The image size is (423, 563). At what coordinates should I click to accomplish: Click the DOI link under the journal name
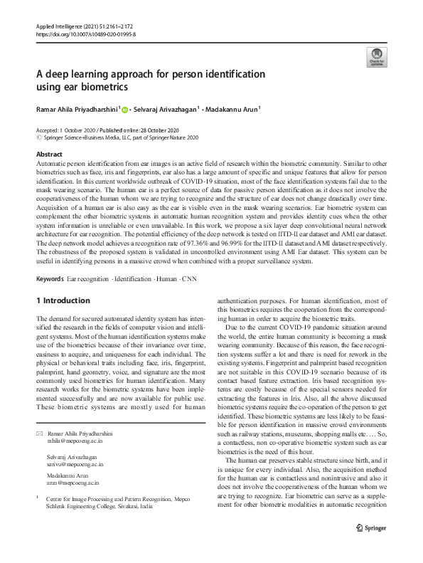(x=85, y=33)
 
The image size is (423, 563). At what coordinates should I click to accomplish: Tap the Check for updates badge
(x=375, y=57)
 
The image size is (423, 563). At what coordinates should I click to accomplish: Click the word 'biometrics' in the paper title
(x=101, y=88)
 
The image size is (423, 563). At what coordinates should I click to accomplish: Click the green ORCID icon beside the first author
(x=125, y=110)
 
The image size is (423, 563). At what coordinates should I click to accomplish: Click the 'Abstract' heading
(x=48, y=154)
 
